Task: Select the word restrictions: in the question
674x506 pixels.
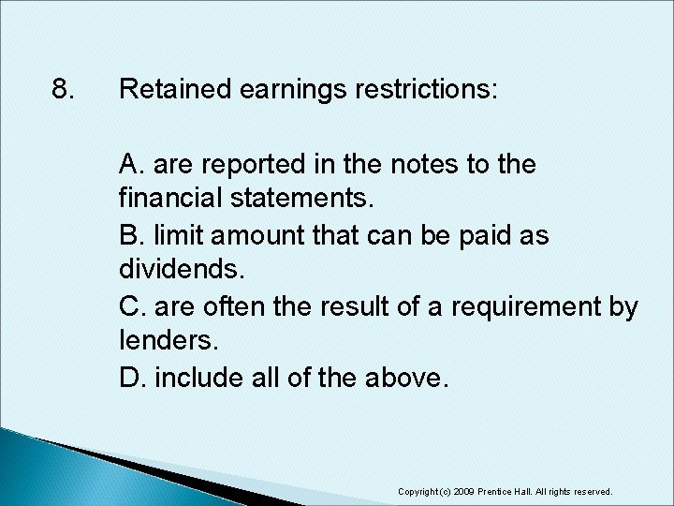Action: click(422, 91)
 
